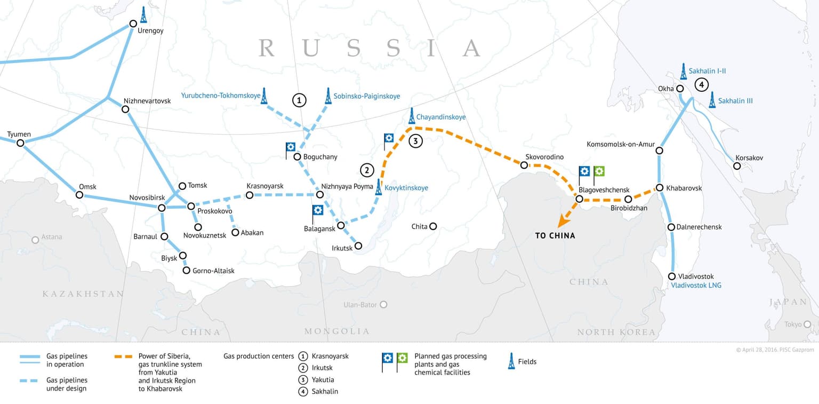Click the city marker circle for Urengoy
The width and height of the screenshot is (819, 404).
133,23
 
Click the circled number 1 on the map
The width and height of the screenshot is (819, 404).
299,100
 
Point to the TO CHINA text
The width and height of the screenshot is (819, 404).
555,235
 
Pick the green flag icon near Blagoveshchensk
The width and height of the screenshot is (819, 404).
599,172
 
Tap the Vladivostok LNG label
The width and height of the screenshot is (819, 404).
696,286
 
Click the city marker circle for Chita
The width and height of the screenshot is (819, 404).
433,226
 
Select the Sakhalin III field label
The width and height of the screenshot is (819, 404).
735,101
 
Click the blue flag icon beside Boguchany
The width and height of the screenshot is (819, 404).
291,147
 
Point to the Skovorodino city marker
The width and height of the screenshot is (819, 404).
524,165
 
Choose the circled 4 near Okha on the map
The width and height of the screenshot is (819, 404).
701,84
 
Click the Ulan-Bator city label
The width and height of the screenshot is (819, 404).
360,305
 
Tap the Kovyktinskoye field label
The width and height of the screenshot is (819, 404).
406,188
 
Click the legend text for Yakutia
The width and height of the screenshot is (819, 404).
323,379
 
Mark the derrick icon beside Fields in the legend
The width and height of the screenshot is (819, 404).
511,361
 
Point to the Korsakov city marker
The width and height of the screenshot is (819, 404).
736,166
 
